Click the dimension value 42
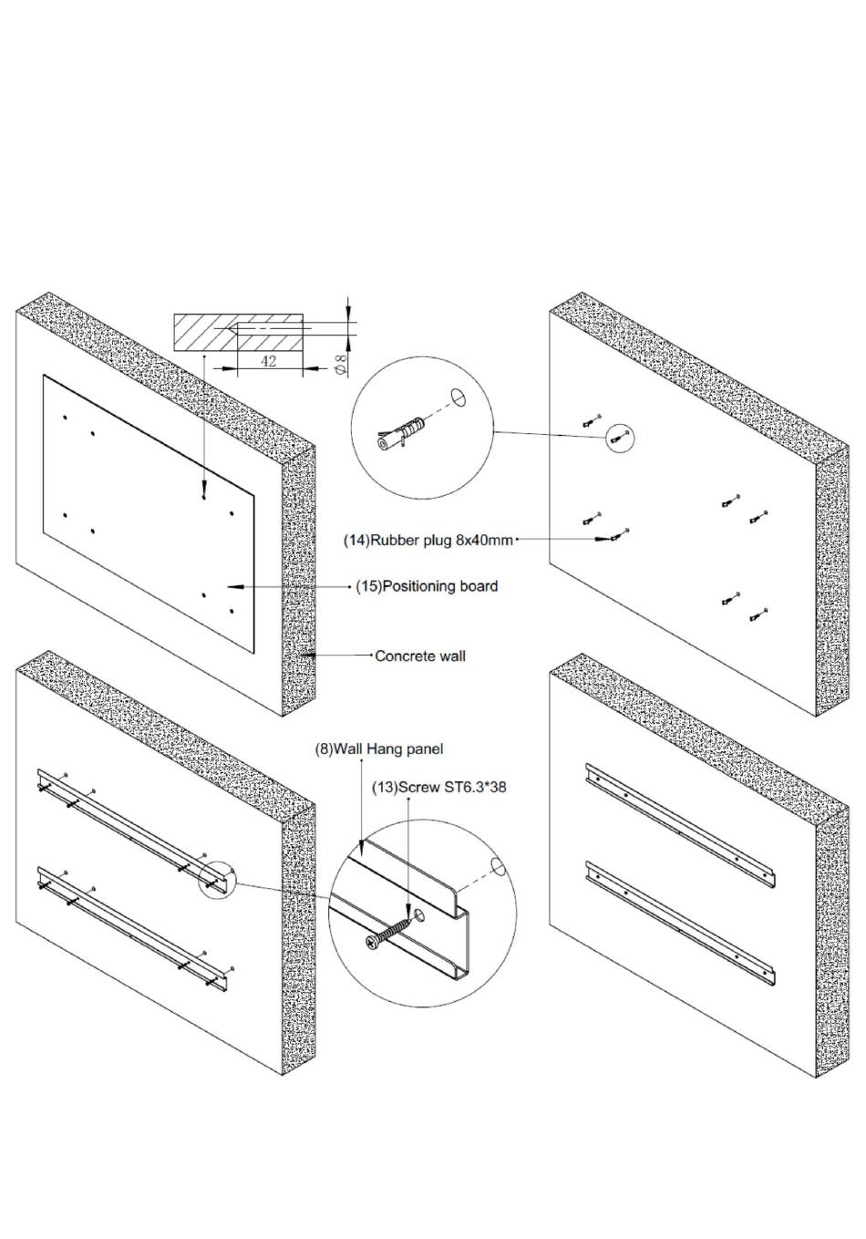pos(268,361)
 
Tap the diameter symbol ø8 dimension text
pos(342,366)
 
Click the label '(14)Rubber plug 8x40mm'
pos(428,540)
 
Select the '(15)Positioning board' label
pos(427,585)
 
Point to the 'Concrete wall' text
pos(419,656)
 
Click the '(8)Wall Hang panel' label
pos(379,749)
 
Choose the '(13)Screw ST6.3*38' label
pos(439,787)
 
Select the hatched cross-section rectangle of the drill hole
pos(238,333)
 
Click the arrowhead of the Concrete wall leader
pos(308,656)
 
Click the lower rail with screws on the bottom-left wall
pos(133,929)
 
